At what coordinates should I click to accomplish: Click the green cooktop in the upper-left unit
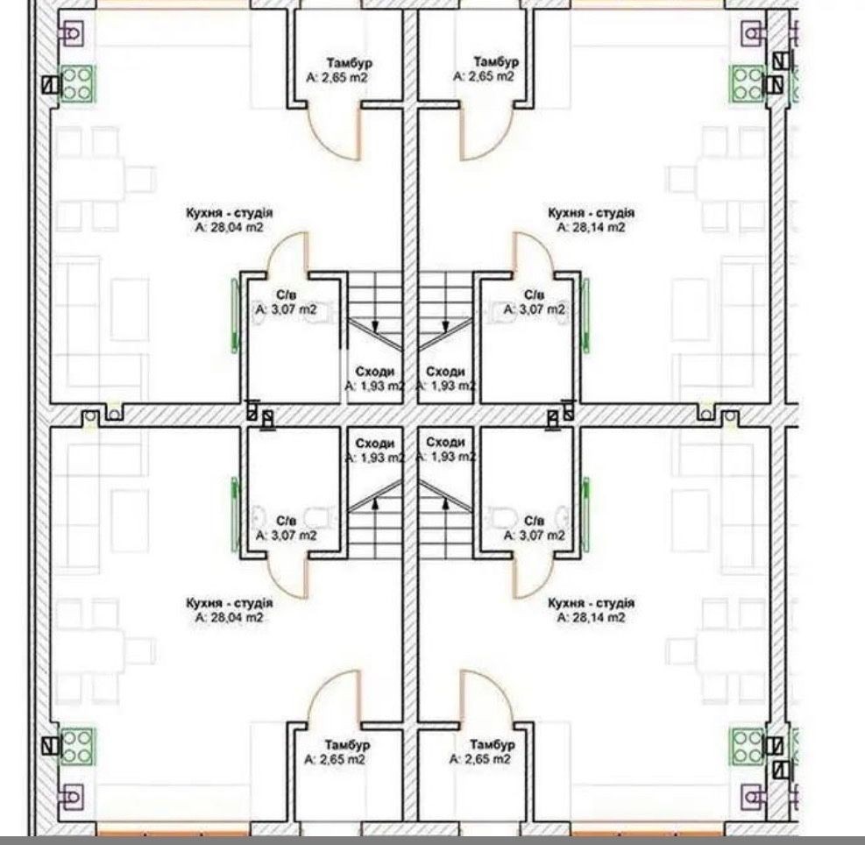[x=76, y=84]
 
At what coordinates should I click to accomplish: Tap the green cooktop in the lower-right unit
[x=748, y=746]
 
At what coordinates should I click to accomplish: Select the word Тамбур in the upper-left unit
[x=348, y=62]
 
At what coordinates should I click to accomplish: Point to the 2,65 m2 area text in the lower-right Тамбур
[x=480, y=759]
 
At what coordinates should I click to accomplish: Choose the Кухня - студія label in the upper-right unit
[x=591, y=212]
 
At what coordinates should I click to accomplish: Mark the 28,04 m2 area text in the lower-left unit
[x=229, y=617]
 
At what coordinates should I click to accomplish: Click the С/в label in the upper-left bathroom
[x=287, y=295]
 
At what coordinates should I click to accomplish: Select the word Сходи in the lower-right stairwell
[x=446, y=442]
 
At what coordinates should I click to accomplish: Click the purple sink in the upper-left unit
[x=71, y=34]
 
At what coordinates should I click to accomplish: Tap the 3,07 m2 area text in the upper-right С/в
[x=535, y=309]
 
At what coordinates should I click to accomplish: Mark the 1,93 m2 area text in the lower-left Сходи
[x=375, y=457]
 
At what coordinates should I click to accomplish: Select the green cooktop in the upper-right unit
[x=748, y=84]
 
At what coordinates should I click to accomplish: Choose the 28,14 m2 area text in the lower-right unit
[x=591, y=617]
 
